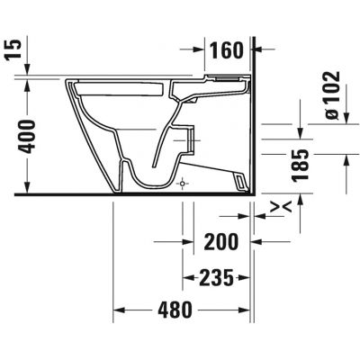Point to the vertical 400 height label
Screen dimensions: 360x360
(x=29, y=134)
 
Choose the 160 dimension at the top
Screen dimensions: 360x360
(x=226, y=50)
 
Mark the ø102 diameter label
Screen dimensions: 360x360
(x=329, y=95)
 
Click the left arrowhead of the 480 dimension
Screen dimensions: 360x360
(x=118, y=310)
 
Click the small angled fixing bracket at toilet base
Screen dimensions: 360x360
(x=240, y=183)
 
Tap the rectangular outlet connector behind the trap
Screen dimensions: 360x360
(x=189, y=134)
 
